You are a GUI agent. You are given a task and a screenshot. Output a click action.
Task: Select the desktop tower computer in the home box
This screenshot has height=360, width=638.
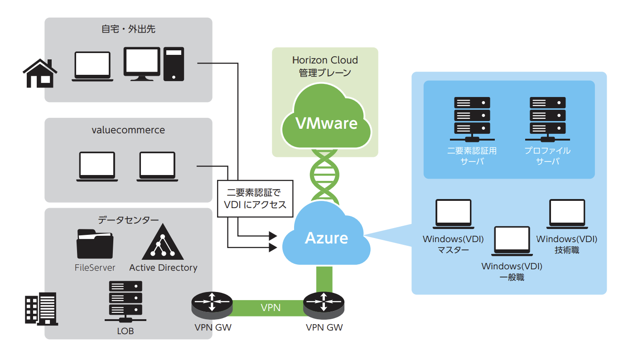174,64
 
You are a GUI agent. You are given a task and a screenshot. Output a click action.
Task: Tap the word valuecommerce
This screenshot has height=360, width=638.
128,130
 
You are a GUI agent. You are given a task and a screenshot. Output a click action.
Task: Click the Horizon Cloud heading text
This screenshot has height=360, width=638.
325,60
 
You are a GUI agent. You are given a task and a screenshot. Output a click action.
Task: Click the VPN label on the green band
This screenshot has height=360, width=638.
271,308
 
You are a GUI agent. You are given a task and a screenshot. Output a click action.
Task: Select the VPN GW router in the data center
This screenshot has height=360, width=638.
212,305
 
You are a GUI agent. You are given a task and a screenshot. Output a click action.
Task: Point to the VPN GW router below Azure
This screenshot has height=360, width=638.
324,305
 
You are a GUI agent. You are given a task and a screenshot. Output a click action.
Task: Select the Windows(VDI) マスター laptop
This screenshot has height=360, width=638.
453,214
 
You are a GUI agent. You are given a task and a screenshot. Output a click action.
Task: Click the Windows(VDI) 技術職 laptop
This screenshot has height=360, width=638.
566,214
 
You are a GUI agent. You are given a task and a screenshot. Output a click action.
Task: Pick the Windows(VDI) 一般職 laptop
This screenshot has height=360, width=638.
512,240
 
